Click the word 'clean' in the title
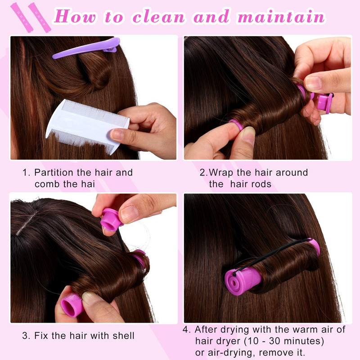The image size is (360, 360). click(158, 17)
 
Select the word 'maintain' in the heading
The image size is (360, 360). click(281, 17)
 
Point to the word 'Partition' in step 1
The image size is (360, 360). click(54, 172)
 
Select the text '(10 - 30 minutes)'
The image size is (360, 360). click(284, 341)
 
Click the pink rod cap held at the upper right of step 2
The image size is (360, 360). click(324, 102)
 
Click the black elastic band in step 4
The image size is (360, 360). click(271, 256)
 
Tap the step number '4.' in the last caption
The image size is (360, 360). click(187, 330)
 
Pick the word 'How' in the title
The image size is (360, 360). click(75, 17)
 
